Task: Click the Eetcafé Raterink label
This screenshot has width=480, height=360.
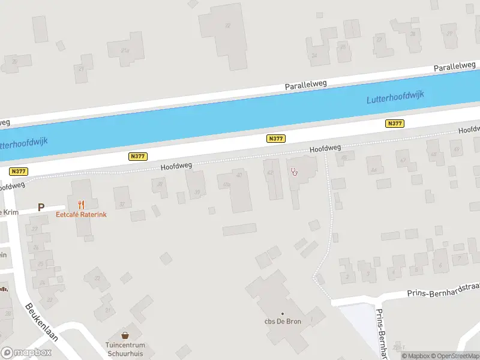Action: coord(81,214)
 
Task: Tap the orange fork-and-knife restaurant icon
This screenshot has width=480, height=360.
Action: coord(81,205)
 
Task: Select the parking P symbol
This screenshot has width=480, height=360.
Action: coord(41,208)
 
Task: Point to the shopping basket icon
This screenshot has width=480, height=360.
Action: coord(125,335)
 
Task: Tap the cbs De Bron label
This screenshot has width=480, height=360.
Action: coord(283,321)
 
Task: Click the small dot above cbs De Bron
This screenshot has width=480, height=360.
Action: coord(283,313)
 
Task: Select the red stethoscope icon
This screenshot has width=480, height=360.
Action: coord(294,172)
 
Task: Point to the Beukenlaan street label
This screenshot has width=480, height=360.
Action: coord(41,322)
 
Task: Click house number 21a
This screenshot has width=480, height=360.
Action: coord(125,50)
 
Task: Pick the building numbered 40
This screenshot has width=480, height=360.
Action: coord(240,175)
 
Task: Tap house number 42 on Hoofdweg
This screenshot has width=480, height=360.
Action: coord(270,173)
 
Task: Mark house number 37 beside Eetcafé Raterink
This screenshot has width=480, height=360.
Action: coord(122,204)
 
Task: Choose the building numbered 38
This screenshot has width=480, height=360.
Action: coord(160,185)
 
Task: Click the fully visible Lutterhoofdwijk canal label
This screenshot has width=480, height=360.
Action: coord(395,97)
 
